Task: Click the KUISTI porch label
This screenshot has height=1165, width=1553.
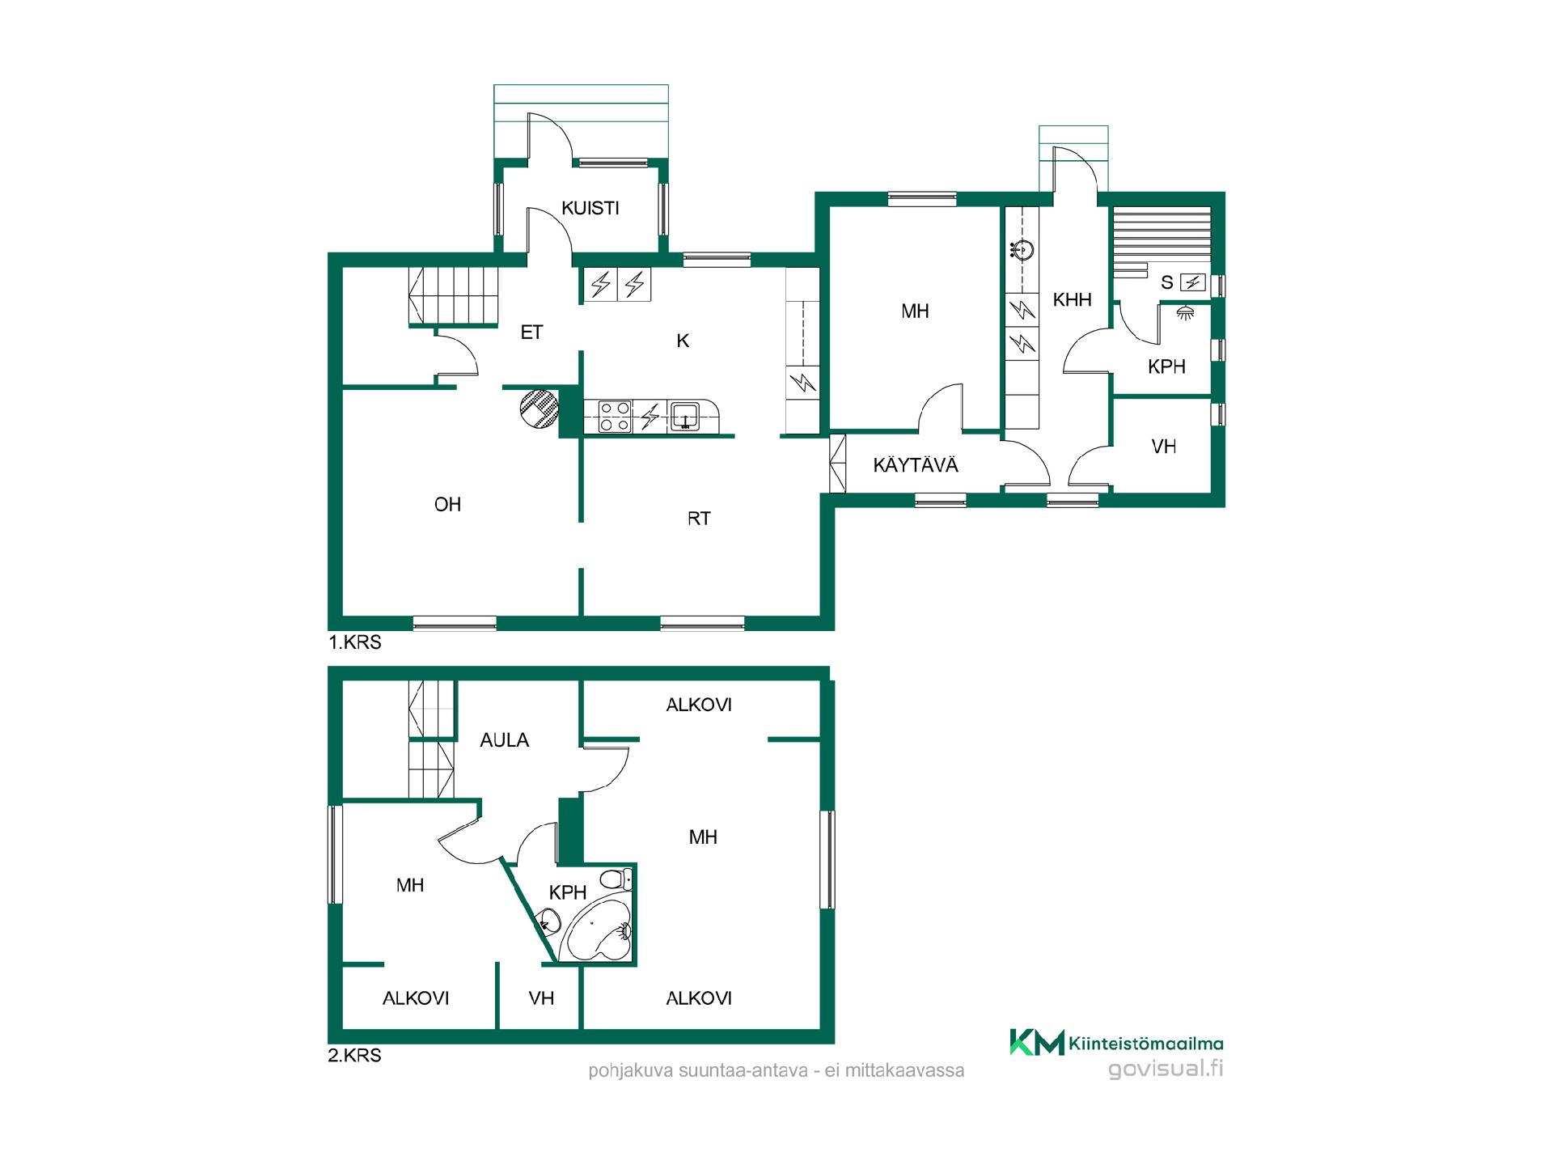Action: tap(590, 208)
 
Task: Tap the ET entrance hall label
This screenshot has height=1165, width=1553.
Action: tap(531, 333)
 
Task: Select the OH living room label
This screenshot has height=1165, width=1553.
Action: tap(447, 505)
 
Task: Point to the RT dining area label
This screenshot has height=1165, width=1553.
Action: tap(699, 519)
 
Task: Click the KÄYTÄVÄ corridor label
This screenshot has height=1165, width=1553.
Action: tap(916, 465)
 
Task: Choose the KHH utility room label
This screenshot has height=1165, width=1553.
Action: tap(1073, 300)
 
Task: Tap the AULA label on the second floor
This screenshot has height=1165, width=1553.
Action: tap(505, 740)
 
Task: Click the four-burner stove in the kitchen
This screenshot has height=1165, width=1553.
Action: tap(614, 417)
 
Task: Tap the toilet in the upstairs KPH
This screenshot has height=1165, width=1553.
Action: tap(617, 878)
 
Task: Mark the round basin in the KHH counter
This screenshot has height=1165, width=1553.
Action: tap(1023, 251)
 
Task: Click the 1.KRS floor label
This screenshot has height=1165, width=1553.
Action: tap(354, 643)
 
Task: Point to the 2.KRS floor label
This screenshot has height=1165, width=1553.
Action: tap(354, 1056)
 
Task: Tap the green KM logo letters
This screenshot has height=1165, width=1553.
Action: tap(1036, 1043)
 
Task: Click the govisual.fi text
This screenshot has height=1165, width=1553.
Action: tap(1166, 1070)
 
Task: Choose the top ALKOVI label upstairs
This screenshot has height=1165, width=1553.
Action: tap(699, 705)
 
